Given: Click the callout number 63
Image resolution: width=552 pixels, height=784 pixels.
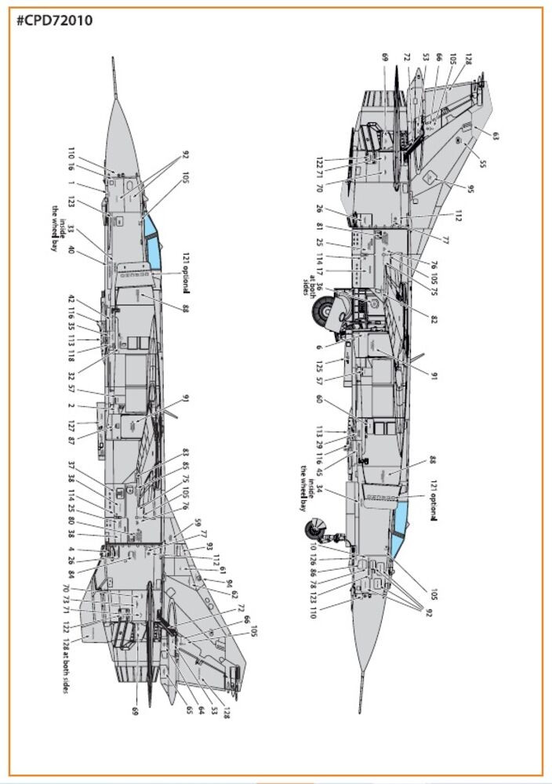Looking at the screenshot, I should point(496,136).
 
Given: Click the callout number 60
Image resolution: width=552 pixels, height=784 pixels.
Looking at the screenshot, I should point(319,398).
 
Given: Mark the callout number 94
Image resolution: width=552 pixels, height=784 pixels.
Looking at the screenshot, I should point(228,584).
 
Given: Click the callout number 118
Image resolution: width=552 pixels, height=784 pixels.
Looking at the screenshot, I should point(71,355).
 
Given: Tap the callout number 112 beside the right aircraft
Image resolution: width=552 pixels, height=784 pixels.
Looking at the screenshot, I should point(458,216).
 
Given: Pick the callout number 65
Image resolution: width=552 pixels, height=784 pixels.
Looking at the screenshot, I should point(189,710).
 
